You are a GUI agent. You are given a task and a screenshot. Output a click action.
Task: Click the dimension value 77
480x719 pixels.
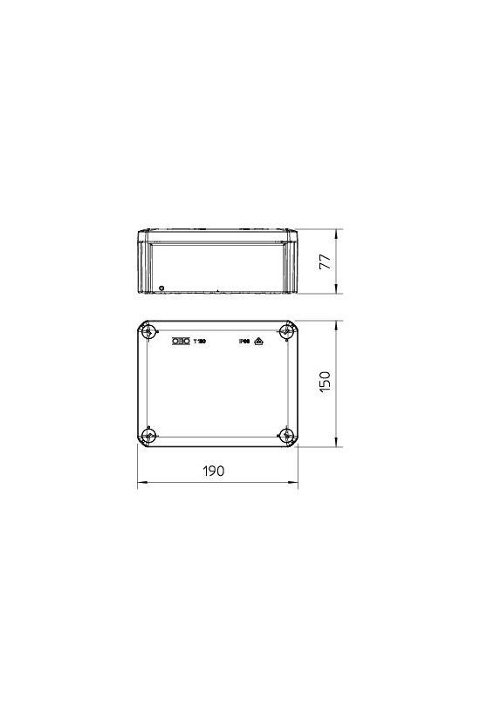(x=326, y=261)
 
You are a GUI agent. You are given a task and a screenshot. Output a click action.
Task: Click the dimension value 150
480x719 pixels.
(x=325, y=383)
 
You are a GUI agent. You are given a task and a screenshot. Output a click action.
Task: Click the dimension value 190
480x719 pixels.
(x=215, y=470)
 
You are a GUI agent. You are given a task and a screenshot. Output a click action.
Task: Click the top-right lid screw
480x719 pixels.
(x=287, y=332)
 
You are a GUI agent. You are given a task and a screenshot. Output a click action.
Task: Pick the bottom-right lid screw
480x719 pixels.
(x=287, y=435)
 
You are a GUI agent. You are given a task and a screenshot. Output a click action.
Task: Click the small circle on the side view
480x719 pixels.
(x=161, y=287)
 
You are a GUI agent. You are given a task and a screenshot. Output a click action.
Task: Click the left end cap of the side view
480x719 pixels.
(x=145, y=261)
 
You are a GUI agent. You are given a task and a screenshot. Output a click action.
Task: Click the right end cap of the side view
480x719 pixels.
(x=291, y=261)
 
